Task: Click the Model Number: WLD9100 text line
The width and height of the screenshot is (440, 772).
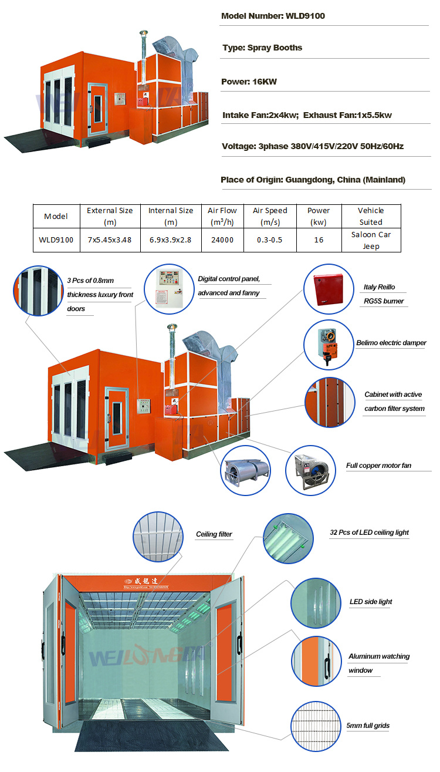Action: (273, 16)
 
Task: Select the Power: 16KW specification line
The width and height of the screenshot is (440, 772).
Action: (249, 82)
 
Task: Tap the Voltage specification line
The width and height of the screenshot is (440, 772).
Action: (313, 146)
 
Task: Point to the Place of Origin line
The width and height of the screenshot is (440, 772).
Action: (313, 180)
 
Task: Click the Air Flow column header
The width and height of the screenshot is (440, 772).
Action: (222, 216)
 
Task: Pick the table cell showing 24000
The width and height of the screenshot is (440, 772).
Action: (222, 240)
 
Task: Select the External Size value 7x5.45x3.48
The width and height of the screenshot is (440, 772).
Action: (110, 240)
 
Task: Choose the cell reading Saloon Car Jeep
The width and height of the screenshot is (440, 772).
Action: (371, 240)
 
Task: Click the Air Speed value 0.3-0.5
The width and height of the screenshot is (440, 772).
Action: (270, 240)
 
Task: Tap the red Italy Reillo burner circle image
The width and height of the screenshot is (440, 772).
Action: (329, 289)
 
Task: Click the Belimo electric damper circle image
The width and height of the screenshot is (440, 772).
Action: (329, 345)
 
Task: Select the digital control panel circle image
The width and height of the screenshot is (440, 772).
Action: (170, 289)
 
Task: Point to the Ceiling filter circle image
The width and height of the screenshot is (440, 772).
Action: (158, 537)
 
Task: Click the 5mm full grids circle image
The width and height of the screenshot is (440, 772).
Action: (316, 726)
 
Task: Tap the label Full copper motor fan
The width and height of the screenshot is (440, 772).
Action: (379, 466)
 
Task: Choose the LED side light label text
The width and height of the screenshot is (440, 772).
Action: (371, 602)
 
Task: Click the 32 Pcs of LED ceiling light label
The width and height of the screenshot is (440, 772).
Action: (369, 532)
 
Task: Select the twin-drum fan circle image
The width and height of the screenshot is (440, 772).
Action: (245, 471)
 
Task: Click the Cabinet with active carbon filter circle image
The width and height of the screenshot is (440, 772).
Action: (330, 402)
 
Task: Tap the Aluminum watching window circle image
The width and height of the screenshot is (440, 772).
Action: (316, 661)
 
